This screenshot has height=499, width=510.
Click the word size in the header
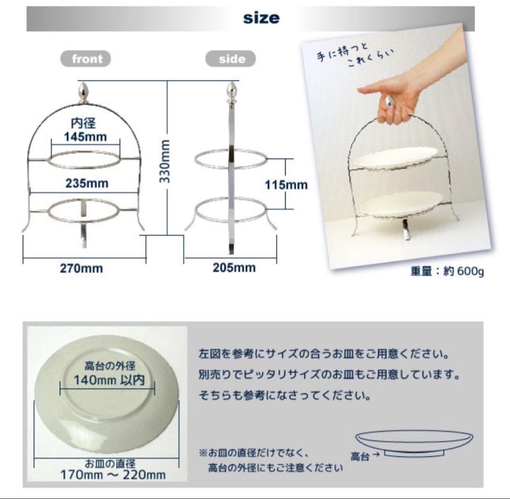coord(261,18)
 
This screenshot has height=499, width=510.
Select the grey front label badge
coord(86,59)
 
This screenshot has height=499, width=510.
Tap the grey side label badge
coord(231,60)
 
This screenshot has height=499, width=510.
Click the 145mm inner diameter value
coord(85,137)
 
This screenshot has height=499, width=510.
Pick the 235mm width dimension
coord(86,183)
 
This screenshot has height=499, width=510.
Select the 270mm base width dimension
coord(81,268)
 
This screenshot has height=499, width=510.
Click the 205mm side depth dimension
coord(234,268)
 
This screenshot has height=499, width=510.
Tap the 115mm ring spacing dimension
coord(286,184)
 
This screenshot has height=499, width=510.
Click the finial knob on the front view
coord(83,92)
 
